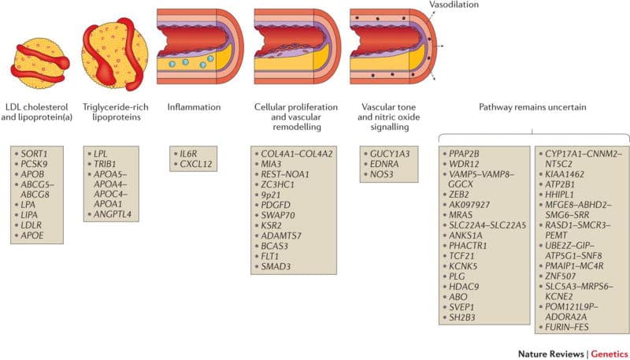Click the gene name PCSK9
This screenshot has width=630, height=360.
tap(34, 164)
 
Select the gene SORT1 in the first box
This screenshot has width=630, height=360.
tap(34, 154)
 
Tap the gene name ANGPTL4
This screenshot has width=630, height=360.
tap(113, 214)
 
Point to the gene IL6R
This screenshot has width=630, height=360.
tap(188, 154)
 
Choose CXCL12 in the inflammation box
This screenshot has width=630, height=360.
tap(196, 164)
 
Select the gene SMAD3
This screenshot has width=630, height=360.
tap(276, 266)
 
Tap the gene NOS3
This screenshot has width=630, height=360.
tap(382, 174)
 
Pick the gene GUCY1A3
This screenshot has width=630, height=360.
tap(390, 154)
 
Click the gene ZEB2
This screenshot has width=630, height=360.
tap(459, 195)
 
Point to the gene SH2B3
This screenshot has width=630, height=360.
tap(462, 317)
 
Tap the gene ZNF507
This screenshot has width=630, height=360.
tap(560, 276)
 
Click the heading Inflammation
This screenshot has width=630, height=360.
tap(194, 107)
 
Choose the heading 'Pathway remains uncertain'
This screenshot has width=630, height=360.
tap(532, 107)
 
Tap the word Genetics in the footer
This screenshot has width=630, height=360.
tap(609, 354)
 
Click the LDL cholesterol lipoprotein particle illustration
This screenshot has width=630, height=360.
tap(40, 65)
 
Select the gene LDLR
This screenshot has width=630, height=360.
tap(31, 225)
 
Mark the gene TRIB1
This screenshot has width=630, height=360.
tap(105, 164)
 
